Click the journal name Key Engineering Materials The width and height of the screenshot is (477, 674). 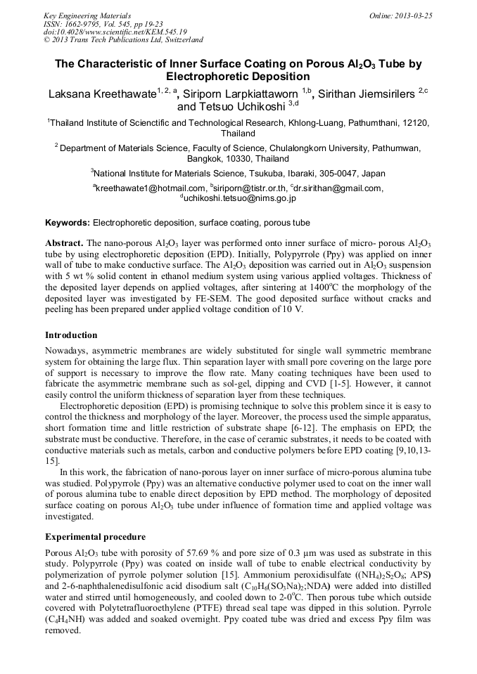pyautogui.click(x=87, y=15)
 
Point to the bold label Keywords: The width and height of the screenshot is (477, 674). pyautogui.click(x=68, y=223)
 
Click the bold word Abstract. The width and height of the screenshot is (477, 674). pyautogui.click(x=64, y=242)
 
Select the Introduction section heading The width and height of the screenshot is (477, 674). pyautogui.click(x=71, y=335)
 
